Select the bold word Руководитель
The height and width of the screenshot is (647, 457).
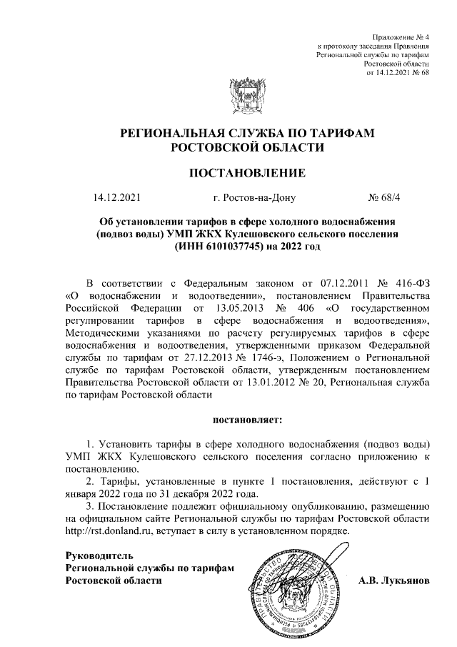(99, 555)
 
